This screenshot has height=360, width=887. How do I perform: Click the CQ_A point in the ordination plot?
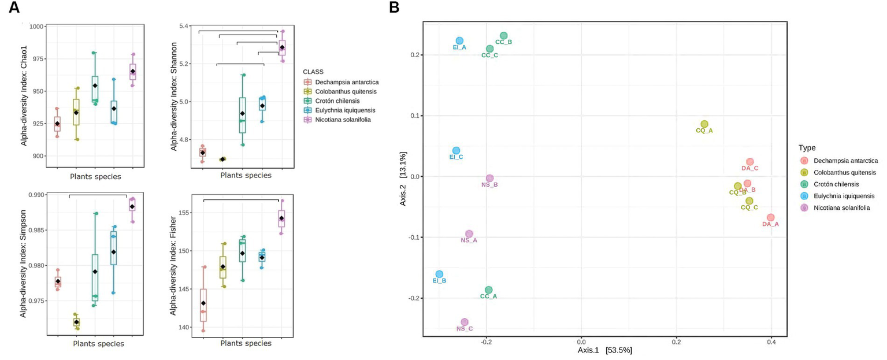(x=704, y=124)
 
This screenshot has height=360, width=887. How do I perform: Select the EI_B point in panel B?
(x=439, y=274)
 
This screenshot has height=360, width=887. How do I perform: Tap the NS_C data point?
(x=465, y=322)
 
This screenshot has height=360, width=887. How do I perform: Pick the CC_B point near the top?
(x=504, y=36)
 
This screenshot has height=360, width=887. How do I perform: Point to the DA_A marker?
(x=770, y=217)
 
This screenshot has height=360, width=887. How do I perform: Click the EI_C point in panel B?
(x=456, y=150)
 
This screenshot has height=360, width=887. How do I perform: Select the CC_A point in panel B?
(x=489, y=290)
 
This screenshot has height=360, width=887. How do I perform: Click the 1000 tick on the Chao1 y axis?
(x=36, y=27)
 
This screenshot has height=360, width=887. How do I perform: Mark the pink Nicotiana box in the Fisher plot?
(x=281, y=218)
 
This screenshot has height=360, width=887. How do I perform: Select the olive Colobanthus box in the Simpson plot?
(x=76, y=322)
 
